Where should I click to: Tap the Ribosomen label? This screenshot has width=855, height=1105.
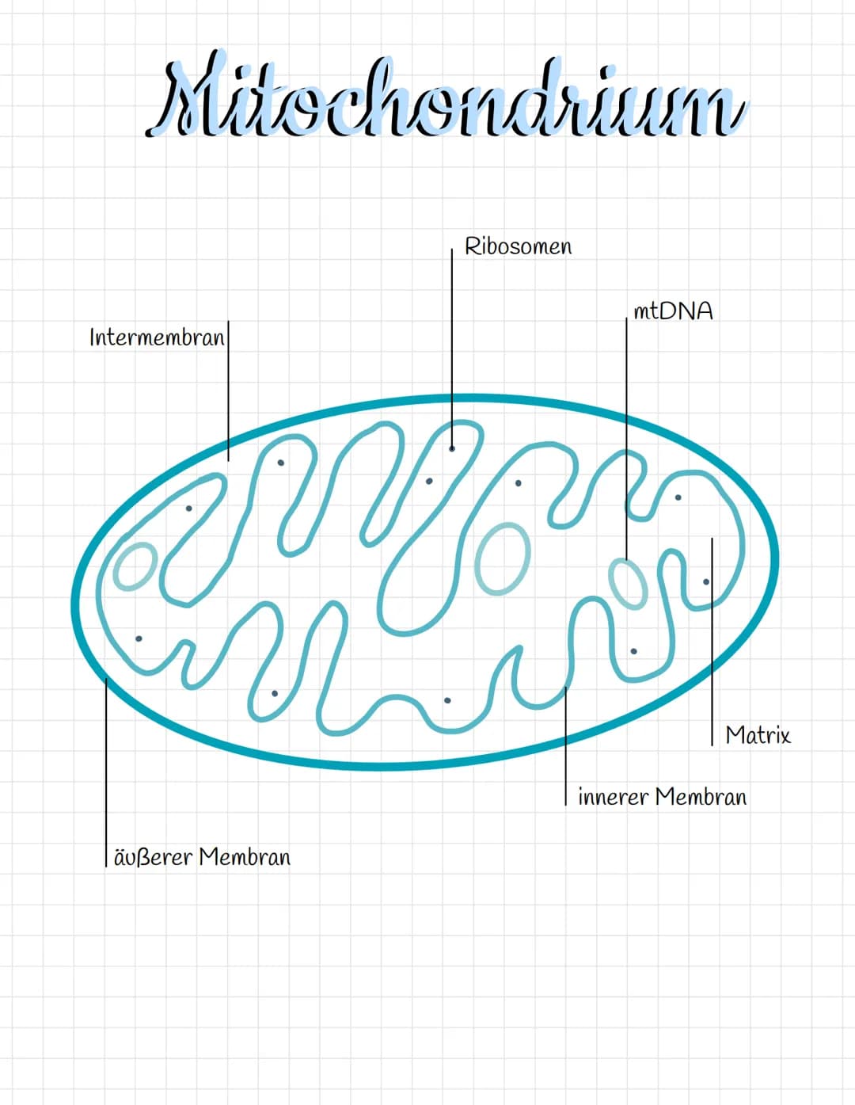click(519, 246)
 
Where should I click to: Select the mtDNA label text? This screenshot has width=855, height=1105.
click(673, 311)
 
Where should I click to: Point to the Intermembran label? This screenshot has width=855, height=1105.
click(157, 337)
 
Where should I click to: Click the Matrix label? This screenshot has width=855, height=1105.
click(758, 735)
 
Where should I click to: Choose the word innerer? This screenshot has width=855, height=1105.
click(614, 796)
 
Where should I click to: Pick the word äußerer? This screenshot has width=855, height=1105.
click(153, 857)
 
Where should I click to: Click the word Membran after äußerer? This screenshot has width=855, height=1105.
click(245, 857)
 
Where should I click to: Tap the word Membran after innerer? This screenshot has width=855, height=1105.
click(701, 796)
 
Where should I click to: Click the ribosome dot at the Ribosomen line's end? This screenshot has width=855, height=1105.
click(451, 448)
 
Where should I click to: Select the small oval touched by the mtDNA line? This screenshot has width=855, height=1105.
click(628, 584)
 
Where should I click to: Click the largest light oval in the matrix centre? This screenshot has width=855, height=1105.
click(503, 559)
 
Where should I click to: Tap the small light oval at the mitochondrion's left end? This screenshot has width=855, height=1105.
click(135, 566)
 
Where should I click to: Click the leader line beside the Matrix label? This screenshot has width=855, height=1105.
click(712, 642)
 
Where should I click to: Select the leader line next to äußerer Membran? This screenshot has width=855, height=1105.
click(106, 772)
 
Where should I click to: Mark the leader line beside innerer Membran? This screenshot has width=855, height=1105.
click(565, 746)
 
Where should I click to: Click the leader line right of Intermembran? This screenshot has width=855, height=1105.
click(228, 391)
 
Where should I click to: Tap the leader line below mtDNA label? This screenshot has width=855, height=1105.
click(626, 439)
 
